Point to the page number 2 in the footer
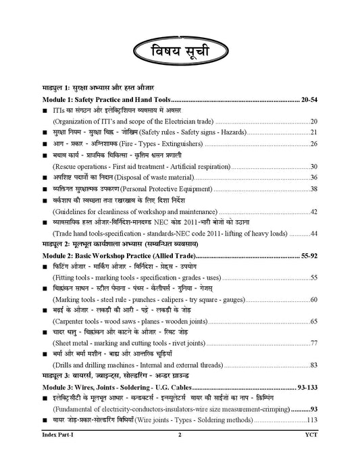pyautogui.click(x=180, y=456)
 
